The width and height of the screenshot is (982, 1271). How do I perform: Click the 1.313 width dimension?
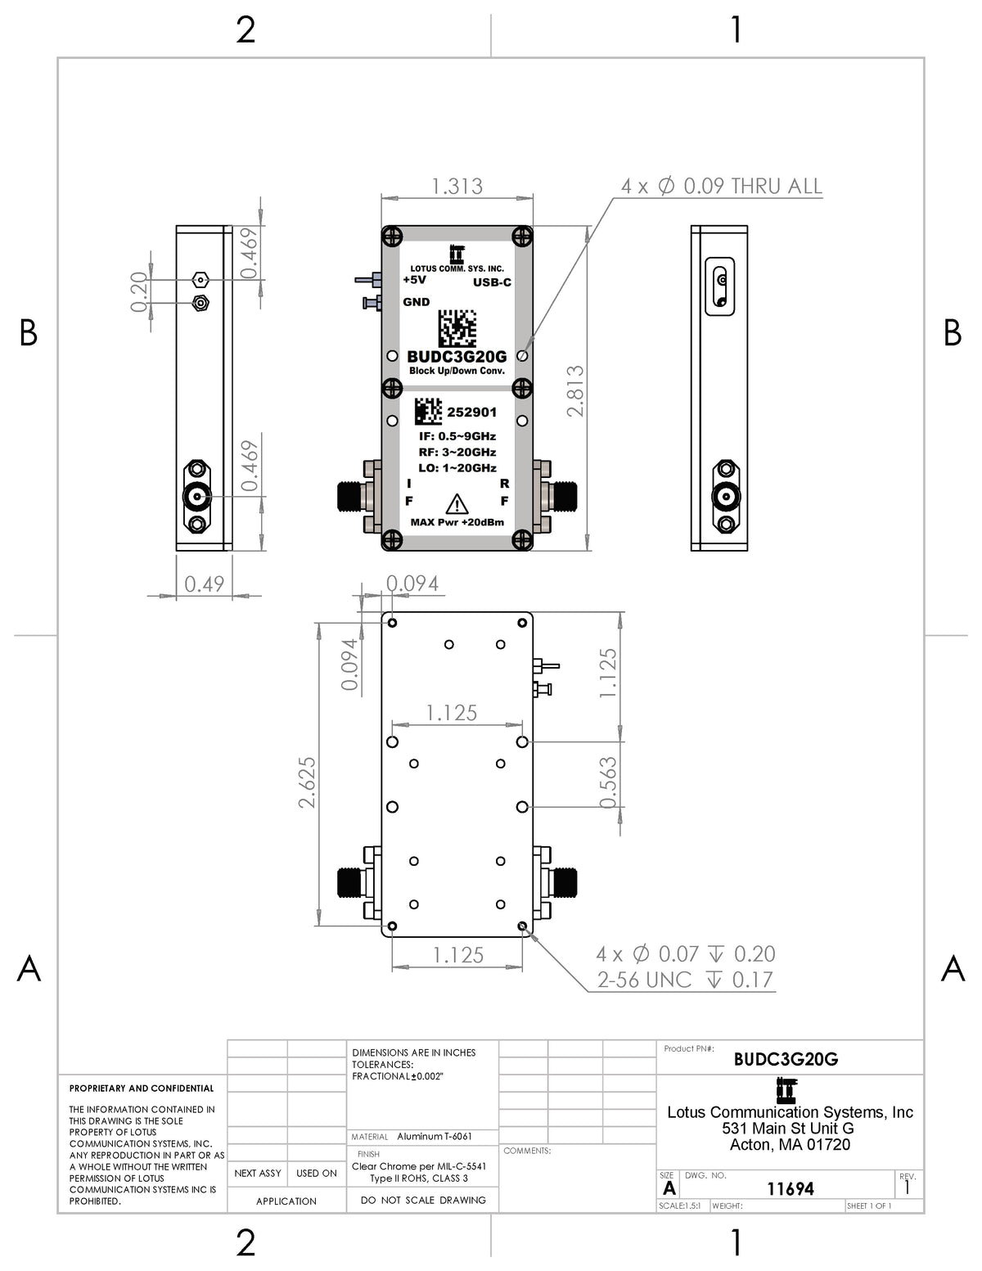[457, 187]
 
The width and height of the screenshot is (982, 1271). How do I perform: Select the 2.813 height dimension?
[575, 390]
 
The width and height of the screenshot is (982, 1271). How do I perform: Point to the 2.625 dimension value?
[307, 782]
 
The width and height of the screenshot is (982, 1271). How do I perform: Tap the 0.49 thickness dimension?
[204, 584]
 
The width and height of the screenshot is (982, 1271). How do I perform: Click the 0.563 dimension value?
[608, 782]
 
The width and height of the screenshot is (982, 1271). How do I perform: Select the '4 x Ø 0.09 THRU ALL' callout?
[722, 186]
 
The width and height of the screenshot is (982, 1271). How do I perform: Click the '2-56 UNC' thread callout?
[644, 980]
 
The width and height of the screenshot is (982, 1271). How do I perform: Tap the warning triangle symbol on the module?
[456, 504]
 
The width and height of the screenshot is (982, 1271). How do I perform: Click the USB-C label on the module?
[492, 282]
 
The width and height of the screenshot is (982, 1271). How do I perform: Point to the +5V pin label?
[414, 280]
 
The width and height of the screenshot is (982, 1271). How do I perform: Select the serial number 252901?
[471, 412]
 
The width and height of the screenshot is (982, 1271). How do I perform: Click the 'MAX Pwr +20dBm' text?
[457, 522]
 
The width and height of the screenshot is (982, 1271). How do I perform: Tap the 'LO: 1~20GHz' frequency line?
[457, 468]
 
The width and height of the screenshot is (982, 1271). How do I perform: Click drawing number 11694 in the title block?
[791, 1188]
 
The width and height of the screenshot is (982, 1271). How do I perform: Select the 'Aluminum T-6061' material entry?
[434, 1137]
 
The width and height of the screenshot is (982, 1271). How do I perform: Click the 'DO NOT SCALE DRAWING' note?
[423, 1201]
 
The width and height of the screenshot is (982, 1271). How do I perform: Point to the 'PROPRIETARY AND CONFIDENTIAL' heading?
[142, 1088]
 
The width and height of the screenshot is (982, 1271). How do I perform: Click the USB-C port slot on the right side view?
[719, 286]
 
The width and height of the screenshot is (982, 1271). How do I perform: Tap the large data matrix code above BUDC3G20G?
[457, 329]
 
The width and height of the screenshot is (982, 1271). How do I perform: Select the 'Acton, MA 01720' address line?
[790, 1144]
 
